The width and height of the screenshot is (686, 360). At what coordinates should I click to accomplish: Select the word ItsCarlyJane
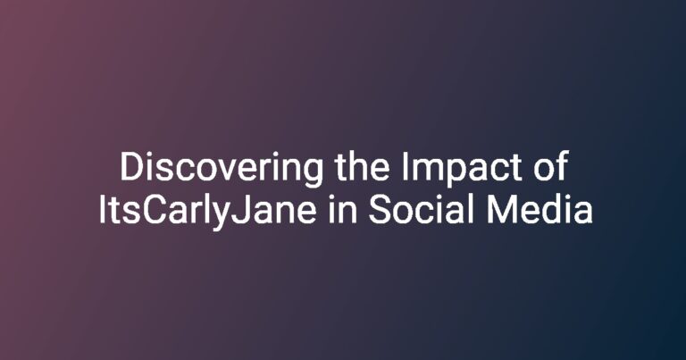click(207, 212)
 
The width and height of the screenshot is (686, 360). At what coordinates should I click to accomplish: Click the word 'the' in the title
click(363, 167)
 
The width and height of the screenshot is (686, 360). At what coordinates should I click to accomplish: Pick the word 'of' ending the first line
click(551, 166)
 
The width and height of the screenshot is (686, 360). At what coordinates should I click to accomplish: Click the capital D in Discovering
click(131, 167)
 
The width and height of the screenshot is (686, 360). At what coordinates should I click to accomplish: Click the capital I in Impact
click(404, 167)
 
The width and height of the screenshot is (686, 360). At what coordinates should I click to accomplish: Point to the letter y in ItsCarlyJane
click(221, 216)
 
